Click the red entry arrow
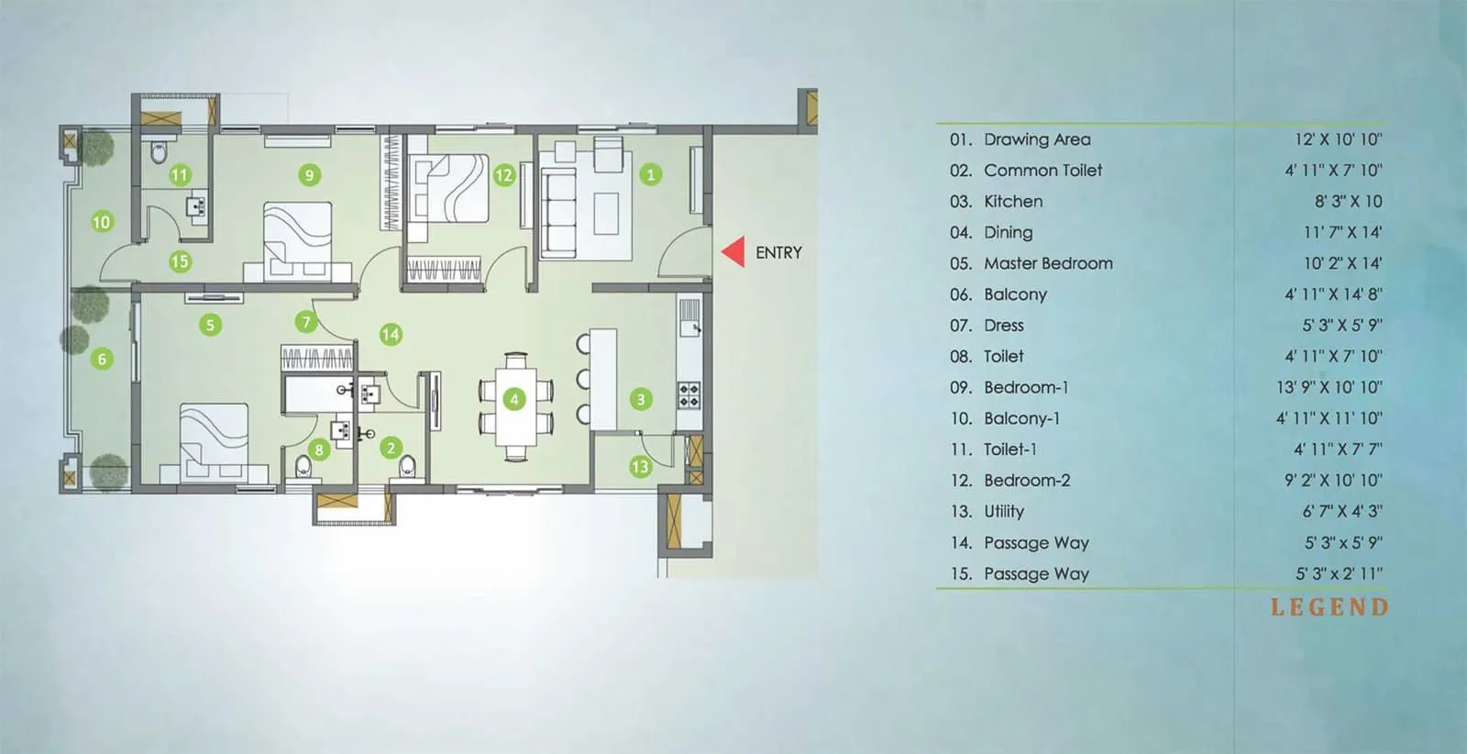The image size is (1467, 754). pyautogui.click(x=733, y=252)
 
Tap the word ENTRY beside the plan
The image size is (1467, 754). pyautogui.click(x=778, y=252)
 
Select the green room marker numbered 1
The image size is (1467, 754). pyautogui.click(x=651, y=174)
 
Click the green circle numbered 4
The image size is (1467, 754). pyautogui.click(x=514, y=399)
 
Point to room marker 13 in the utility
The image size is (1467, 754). pyautogui.click(x=640, y=467)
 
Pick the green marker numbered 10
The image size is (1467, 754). pyautogui.click(x=102, y=221)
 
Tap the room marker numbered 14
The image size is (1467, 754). pyautogui.click(x=391, y=334)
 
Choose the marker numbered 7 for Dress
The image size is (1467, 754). pyautogui.click(x=306, y=322)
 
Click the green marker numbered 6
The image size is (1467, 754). pyautogui.click(x=102, y=359)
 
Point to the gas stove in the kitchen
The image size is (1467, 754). pyautogui.click(x=689, y=395)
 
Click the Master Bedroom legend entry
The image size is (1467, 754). pyautogui.click(x=1048, y=263)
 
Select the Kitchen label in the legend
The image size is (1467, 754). pyautogui.click(x=1012, y=201)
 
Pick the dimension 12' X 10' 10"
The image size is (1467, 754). pyautogui.click(x=1338, y=139)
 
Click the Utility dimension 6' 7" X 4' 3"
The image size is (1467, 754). pyautogui.click(x=1342, y=511)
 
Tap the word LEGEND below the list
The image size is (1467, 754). pyautogui.click(x=1329, y=607)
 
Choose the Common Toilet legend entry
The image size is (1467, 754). pyautogui.click(x=1042, y=171)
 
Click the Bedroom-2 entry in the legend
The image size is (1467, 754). pyautogui.click(x=1026, y=481)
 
